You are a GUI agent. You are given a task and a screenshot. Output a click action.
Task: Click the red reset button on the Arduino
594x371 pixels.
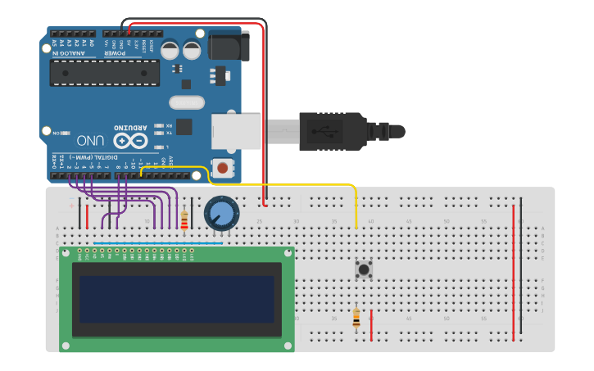[x=221, y=169]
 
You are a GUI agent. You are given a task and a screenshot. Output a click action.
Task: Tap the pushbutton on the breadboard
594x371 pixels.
[x=363, y=269]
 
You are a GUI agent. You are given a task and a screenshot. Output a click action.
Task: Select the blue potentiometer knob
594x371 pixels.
[x=220, y=213]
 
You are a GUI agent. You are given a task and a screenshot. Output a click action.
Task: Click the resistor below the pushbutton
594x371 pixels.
[x=356, y=318]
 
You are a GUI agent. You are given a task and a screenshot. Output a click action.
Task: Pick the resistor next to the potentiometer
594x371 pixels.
[x=184, y=219]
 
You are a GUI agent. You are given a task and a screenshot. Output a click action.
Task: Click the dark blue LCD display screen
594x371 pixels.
[x=176, y=299]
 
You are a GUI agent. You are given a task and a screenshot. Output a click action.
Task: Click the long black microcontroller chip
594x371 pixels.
[x=104, y=72]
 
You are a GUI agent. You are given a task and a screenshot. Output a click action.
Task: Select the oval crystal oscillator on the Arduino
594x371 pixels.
[x=187, y=102]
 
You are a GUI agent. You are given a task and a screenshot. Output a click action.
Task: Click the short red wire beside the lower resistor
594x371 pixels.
[x=371, y=325]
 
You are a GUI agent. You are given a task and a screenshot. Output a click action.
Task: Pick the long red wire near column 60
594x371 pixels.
[x=514, y=270]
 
